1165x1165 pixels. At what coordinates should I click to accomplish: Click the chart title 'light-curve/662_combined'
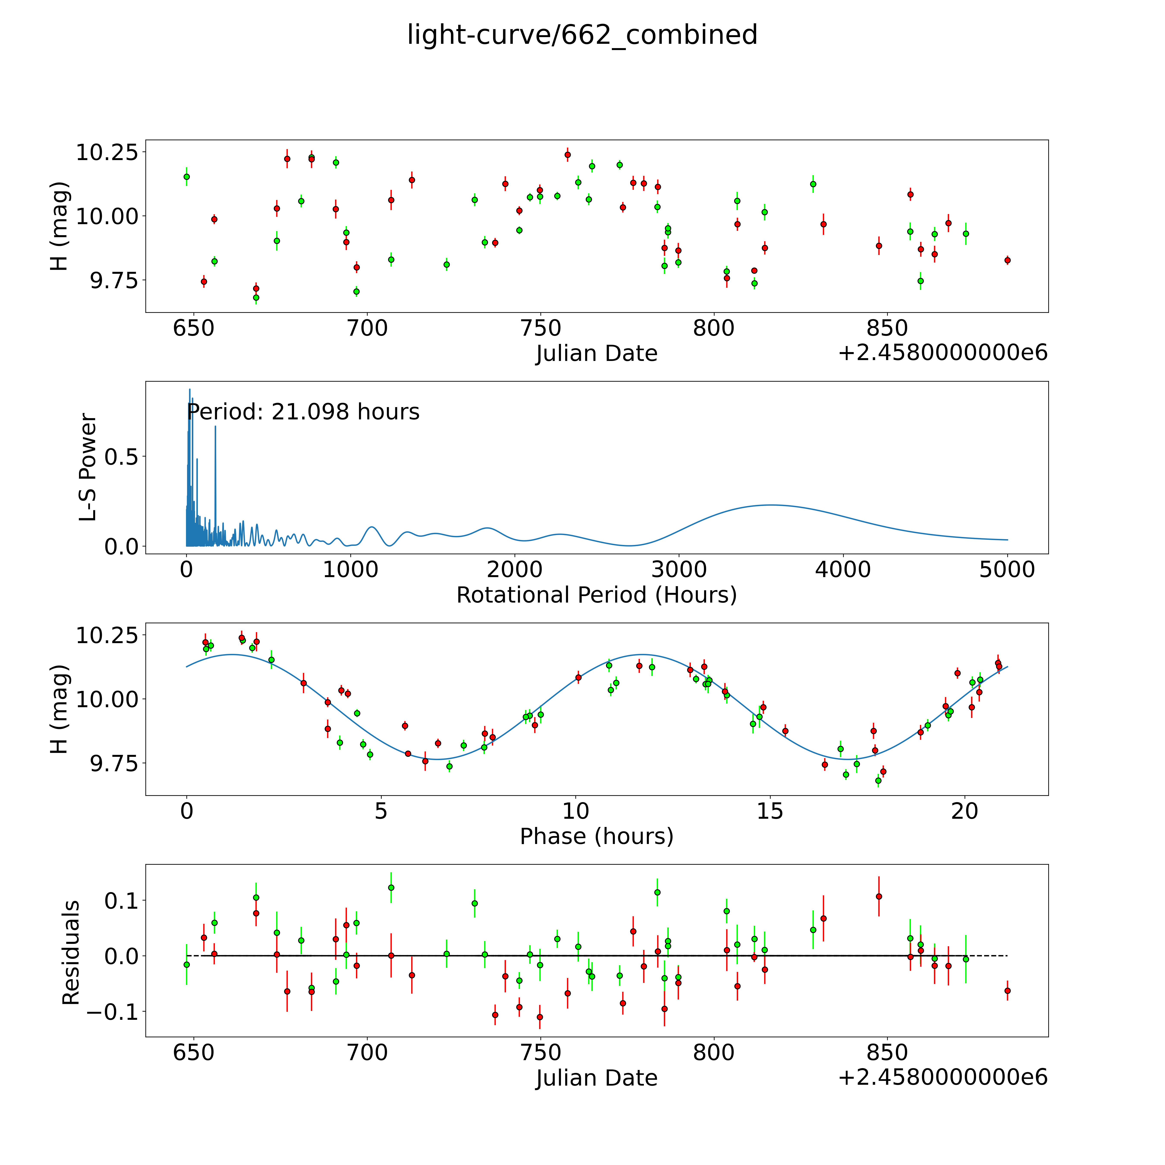pyautogui.click(x=582, y=35)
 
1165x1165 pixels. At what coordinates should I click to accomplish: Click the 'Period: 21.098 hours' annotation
pyautogui.click(x=303, y=412)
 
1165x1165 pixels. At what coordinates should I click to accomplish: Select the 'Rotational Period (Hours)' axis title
pyautogui.click(x=596, y=595)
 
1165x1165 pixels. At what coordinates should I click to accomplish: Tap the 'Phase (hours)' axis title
pyautogui.click(x=596, y=836)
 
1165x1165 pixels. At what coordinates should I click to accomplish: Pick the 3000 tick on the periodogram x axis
pyautogui.click(x=679, y=569)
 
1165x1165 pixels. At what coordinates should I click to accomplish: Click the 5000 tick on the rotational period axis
pyautogui.click(x=1007, y=569)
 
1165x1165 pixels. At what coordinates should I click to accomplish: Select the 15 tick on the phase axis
pyautogui.click(x=770, y=811)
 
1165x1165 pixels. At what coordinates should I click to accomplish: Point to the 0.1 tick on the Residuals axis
pyautogui.click(x=121, y=901)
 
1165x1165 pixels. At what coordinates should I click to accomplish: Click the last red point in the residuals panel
pyautogui.click(x=1007, y=991)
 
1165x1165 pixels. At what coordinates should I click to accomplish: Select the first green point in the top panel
pyautogui.click(x=187, y=177)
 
